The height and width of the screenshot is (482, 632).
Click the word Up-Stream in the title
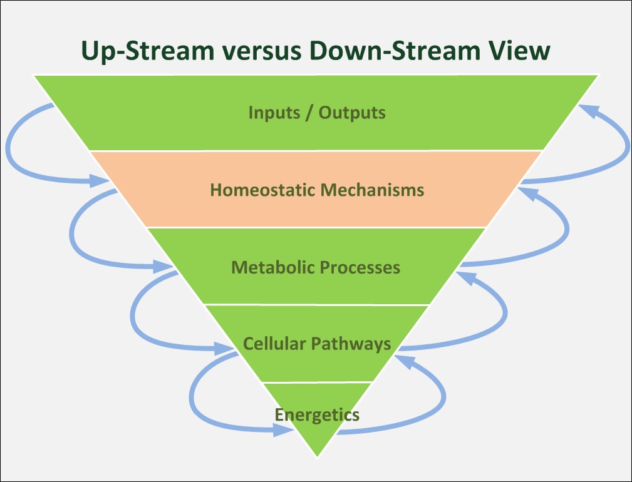147,51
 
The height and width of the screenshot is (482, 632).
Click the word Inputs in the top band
274,112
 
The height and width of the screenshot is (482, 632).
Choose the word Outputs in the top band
352,112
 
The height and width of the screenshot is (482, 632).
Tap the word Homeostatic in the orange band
262,190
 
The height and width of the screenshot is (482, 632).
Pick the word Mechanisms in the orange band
372,190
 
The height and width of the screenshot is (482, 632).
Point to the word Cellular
274,344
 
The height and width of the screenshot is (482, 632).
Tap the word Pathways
351,344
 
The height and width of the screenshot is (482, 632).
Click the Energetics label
317,415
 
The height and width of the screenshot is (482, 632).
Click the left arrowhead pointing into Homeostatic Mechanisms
99,181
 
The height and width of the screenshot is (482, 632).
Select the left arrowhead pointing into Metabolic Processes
163,266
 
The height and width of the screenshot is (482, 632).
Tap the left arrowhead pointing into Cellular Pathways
224,348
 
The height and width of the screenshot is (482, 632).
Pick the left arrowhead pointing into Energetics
283,431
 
